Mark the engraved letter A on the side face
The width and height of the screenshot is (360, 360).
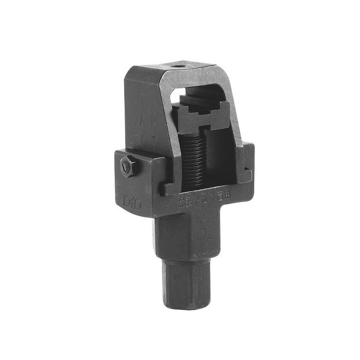pyautogui.click(x=143, y=121)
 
